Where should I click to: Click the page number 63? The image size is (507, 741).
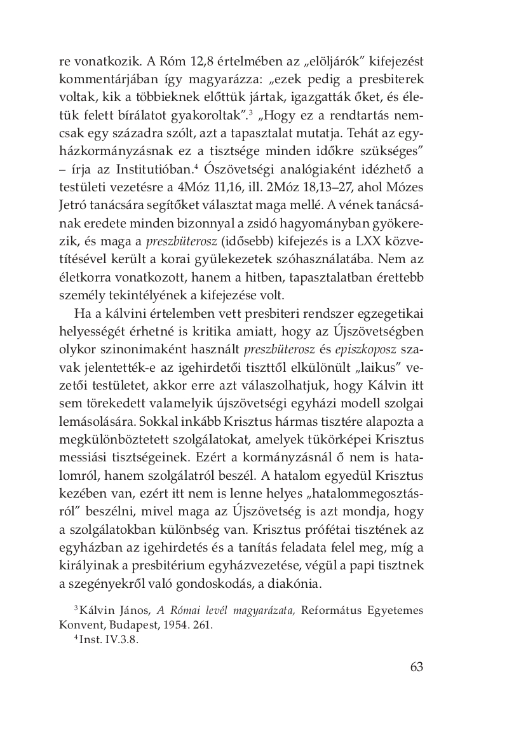click(x=416, y=667)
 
